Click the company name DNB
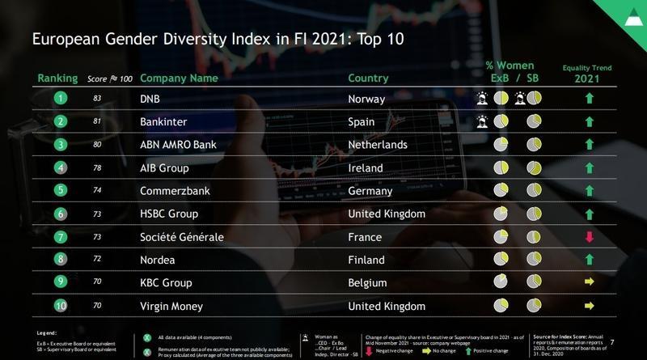click(x=151, y=99)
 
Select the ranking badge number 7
click(x=59, y=238)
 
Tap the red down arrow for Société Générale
click(x=590, y=237)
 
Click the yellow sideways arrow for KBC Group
click(x=590, y=284)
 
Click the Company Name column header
click(x=179, y=78)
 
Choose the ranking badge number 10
click(x=59, y=307)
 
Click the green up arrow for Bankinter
click(x=590, y=122)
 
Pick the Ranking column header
click(x=57, y=78)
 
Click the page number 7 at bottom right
click(x=633, y=343)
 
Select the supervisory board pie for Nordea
click(x=534, y=260)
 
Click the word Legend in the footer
click(x=47, y=332)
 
